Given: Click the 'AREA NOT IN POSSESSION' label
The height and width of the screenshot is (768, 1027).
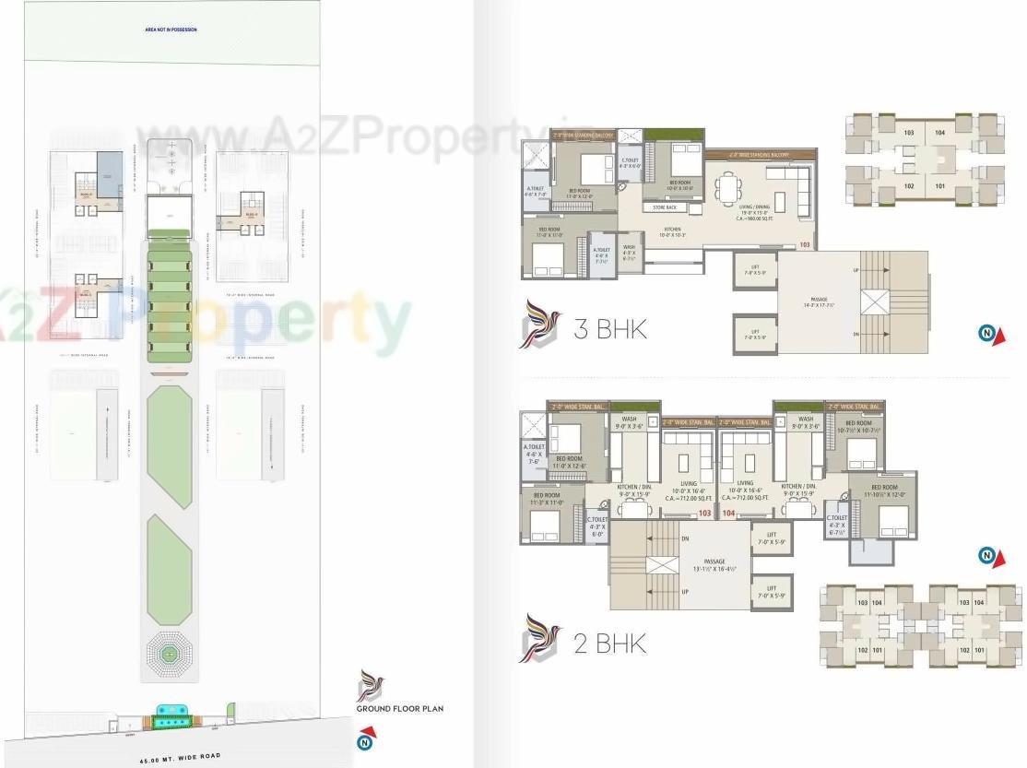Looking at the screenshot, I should point(171,30).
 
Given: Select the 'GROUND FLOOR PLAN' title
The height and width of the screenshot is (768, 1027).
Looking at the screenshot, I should point(400,708).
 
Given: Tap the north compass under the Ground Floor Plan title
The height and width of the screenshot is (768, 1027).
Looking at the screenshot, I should point(367,738).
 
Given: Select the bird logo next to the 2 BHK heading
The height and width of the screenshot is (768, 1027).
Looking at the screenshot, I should point(540,638).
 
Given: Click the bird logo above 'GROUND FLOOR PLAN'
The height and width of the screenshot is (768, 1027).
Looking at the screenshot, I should point(372,685).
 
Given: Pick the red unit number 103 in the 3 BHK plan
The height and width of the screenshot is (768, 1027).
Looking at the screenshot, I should point(805,244).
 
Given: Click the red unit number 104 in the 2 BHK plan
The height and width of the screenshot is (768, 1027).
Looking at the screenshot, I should point(728,513).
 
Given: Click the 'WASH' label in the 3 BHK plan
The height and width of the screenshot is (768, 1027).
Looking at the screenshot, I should point(629,247).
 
